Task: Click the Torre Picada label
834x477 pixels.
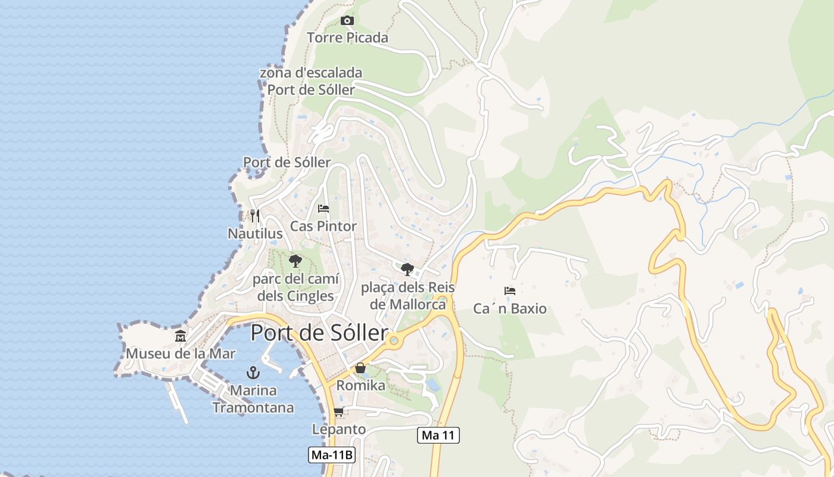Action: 347,38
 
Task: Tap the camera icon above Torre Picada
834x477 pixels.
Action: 347,21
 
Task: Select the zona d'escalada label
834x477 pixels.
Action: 311,81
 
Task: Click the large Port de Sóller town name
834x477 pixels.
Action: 319,333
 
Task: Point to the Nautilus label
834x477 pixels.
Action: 255,233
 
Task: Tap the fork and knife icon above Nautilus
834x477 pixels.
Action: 255,215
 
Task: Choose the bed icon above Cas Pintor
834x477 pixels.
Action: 323,209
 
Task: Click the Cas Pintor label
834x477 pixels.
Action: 323,226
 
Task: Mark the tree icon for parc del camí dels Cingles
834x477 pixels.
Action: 295,261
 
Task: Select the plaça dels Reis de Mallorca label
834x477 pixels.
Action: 408,296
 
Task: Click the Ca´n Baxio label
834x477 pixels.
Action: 510,308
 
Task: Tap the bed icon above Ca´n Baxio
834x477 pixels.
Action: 510,291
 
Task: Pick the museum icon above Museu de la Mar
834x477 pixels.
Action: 181,336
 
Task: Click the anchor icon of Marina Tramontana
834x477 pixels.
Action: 253,373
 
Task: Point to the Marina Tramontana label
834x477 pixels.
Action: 253,399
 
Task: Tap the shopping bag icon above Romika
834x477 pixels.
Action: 360,368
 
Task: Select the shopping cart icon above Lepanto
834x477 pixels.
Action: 339,411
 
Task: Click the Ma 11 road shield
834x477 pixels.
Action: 438,435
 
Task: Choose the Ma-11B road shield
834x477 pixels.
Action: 332,456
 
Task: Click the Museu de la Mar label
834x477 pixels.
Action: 181,354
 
